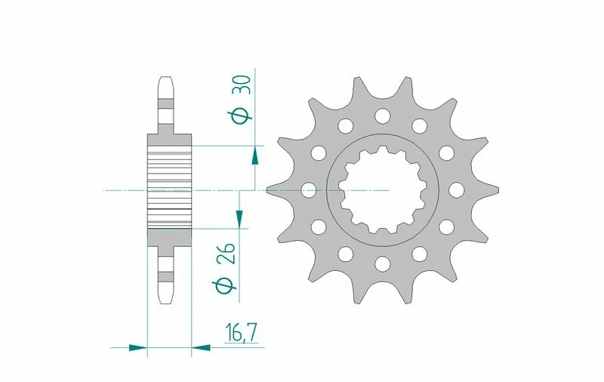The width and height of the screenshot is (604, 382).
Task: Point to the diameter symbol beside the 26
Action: [224, 285]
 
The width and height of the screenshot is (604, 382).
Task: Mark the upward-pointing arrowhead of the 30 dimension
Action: [255, 155]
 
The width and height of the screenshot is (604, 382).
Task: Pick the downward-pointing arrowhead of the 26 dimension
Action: [240, 217]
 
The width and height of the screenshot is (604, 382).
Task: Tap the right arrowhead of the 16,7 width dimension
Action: [201, 348]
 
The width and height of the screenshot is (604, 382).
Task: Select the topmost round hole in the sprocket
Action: [382, 116]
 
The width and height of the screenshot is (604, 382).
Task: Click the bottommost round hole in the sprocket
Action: [382, 263]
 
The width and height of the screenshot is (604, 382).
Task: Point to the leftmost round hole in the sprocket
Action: [308, 190]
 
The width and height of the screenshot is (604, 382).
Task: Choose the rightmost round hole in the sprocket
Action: [457, 190]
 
